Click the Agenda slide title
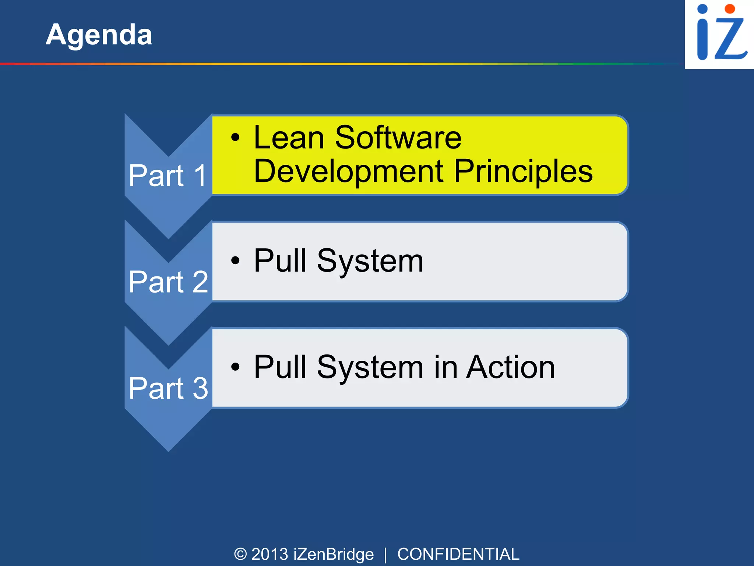[x=99, y=35]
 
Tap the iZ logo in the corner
[x=719, y=34]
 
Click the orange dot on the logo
[x=729, y=9]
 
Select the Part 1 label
[x=168, y=176]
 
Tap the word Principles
[x=523, y=172]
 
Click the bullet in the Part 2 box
[x=235, y=261]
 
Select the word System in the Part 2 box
[x=370, y=262]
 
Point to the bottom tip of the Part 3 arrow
[x=169, y=450]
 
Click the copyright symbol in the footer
[x=240, y=554]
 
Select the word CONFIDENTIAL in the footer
[x=458, y=554]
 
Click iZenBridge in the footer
[x=334, y=554]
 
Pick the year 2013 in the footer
[x=269, y=554]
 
